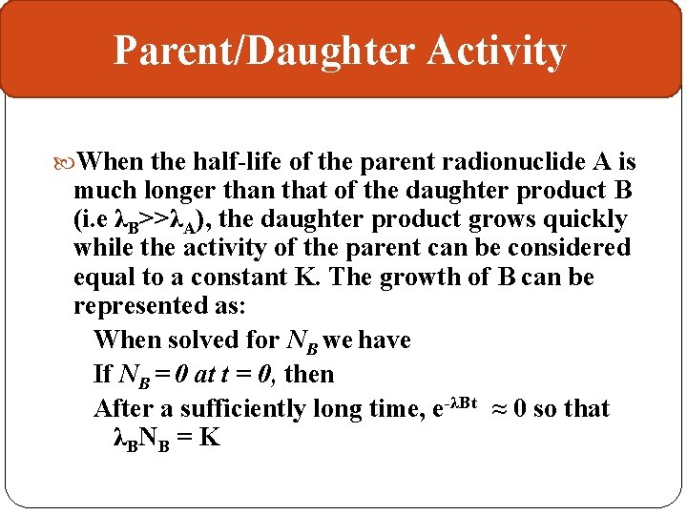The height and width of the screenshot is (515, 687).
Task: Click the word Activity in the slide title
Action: pyautogui.click(x=496, y=51)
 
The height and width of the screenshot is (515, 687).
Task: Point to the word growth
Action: pyautogui.click(x=439, y=277)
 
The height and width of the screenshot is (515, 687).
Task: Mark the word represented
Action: pyautogui.click(x=145, y=305)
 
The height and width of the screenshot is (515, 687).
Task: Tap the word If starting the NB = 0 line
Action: pyautogui.click(x=103, y=374)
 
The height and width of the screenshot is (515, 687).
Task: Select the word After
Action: pyautogui.click(x=124, y=408)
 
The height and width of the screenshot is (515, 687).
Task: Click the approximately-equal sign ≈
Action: pyautogui.click(x=498, y=408)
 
